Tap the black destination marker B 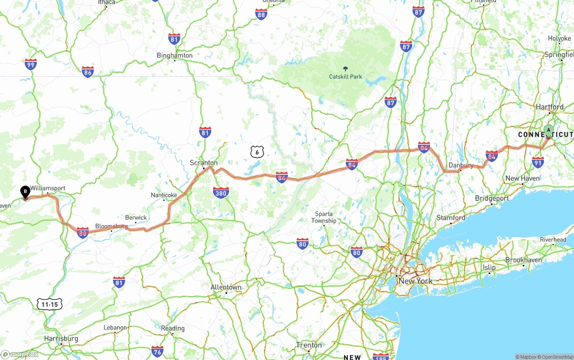pos(26,192)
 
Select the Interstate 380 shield pos(221,193)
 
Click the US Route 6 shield pos(257,152)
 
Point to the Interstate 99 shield pos(30,65)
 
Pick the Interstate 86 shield pos(87,72)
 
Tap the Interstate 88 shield pos(261,14)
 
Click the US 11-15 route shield pos(49,304)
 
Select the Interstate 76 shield pos(157,351)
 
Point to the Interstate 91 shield pos(538,162)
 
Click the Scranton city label pos(204,163)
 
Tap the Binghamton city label pos(174,56)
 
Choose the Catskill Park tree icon pos(345,69)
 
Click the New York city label pos(415,281)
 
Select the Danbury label pos(461,165)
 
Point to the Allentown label pos(226,287)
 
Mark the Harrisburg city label pos(61,338)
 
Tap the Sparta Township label pos(324,217)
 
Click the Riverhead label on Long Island pos(553,240)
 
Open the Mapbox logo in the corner pos(20,354)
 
